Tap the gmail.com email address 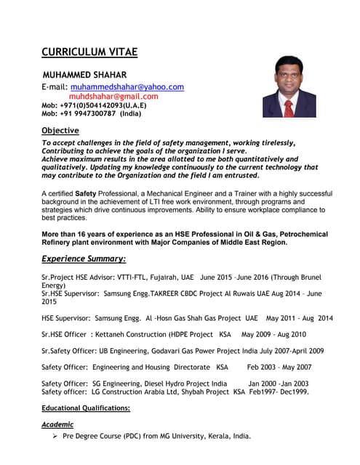(113, 96)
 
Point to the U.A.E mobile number (94, 105)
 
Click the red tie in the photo (288, 108)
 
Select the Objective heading (60, 130)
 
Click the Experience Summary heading (84, 259)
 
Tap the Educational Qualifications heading (86, 408)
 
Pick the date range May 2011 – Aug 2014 (300, 318)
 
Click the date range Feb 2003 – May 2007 (279, 367)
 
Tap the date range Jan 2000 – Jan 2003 (279, 384)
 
